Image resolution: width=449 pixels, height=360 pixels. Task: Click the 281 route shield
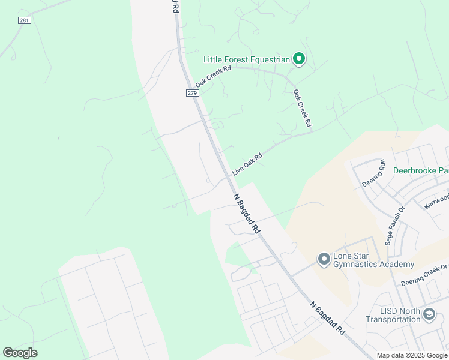(24, 20)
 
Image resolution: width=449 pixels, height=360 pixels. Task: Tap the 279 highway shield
(192, 93)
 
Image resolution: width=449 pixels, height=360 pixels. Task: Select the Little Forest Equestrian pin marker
(299, 59)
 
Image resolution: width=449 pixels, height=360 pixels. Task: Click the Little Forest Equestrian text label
(246, 59)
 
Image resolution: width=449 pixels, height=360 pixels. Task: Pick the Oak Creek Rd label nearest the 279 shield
(213, 76)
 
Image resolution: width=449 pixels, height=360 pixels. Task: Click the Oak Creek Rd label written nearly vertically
(302, 108)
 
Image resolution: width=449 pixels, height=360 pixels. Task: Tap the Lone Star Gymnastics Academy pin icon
(324, 259)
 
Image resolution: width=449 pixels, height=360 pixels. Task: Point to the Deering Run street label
(374, 173)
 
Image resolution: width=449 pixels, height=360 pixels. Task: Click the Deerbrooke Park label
(421, 170)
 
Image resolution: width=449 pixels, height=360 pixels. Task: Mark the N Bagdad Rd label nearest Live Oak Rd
(247, 213)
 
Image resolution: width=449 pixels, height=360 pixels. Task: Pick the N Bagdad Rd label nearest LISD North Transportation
(328, 317)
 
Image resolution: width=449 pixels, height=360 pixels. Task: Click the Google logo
(20, 353)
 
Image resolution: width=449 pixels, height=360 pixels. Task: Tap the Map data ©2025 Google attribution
(411, 355)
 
